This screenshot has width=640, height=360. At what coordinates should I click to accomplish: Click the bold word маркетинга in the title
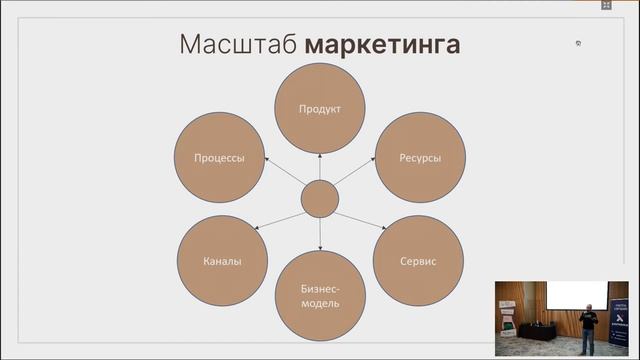pyautogui.click(x=383, y=45)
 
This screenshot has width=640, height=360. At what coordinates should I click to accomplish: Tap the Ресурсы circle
pyautogui.click(x=419, y=158)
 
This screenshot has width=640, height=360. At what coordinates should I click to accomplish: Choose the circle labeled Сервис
pyautogui.click(x=418, y=260)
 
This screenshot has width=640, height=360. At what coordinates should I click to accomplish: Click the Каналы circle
pyautogui.click(x=222, y=260)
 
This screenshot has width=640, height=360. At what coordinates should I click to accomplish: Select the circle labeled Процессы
pyautogui.click(x=219, y=158)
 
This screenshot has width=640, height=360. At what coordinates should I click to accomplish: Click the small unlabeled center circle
pyautogui.click(x=320, y=199)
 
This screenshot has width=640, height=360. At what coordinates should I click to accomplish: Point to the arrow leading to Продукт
pyautogui.click(x=320, y=166)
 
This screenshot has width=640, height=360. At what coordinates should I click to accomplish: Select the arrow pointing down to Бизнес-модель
pyautogui.click(x=320, y=234)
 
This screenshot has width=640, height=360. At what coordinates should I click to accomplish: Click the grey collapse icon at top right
pyautogui.click(x=606, y=5)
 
